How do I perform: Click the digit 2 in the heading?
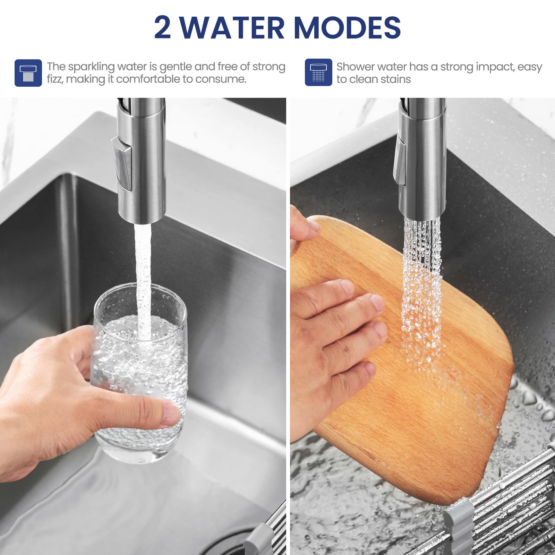point(162,27)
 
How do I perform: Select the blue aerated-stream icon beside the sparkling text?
point(28,73)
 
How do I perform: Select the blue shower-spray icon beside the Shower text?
point(318,72)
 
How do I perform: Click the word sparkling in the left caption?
point(91,67)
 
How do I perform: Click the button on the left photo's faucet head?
point(122,163)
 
